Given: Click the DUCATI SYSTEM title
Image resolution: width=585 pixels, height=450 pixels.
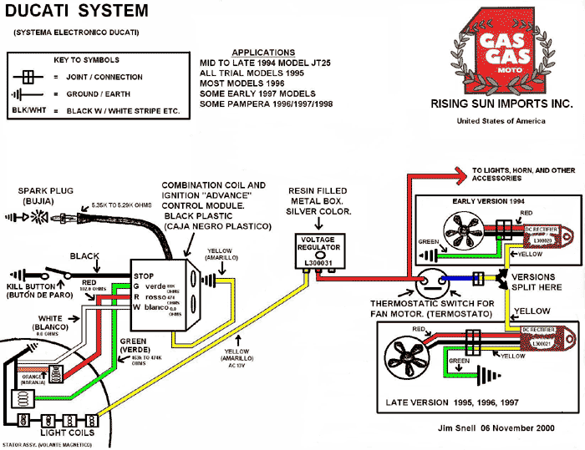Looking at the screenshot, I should tap(78, 12).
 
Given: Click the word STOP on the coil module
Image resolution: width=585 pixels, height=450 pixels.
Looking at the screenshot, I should tap(145, 276).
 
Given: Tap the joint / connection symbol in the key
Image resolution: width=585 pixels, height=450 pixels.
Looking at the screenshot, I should tap(28, 78).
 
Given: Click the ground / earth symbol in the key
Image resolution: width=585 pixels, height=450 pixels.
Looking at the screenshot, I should tap(28, 94).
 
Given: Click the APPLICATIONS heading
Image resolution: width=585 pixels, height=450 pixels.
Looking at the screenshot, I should tap(263, 52).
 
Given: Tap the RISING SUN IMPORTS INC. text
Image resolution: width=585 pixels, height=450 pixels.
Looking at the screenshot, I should tap(501, 104).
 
